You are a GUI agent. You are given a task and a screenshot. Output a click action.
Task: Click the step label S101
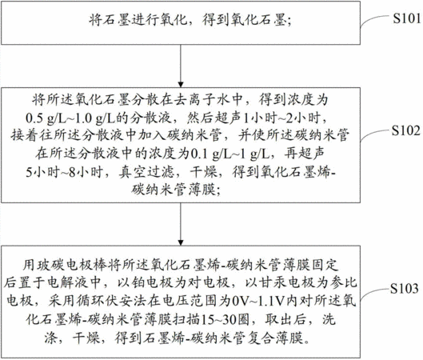(407, 18)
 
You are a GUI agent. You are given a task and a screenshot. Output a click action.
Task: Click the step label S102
(406, 130)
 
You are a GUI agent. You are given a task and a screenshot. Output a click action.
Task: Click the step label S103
(405, 289)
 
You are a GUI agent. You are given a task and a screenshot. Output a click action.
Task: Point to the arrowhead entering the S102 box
(181, 84)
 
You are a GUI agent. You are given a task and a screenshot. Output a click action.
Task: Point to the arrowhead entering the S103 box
(181, 242)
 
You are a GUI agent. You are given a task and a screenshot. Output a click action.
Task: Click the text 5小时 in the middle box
(42, 172)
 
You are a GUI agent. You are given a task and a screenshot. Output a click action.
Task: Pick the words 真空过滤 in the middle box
(146, 172)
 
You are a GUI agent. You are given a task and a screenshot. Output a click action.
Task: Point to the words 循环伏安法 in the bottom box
(111, 301)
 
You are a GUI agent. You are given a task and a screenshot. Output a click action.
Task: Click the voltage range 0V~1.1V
(258, 301)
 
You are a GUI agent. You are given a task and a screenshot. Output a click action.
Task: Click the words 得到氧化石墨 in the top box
(244, 19)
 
